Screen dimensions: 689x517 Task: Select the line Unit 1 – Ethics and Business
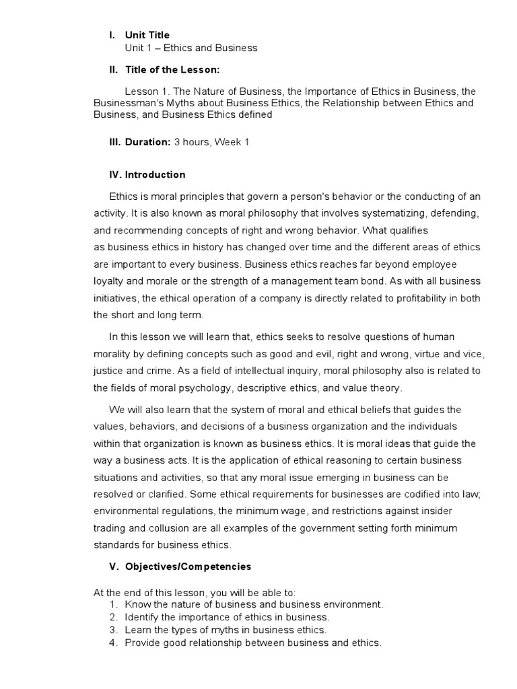191,48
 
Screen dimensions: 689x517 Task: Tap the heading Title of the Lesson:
172,69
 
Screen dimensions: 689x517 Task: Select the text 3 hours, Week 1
211,143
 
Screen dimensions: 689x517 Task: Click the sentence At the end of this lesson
194,592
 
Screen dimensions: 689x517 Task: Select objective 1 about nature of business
254,604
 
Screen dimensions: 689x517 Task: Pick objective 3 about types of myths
226,630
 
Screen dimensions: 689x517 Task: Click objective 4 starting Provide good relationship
253,643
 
